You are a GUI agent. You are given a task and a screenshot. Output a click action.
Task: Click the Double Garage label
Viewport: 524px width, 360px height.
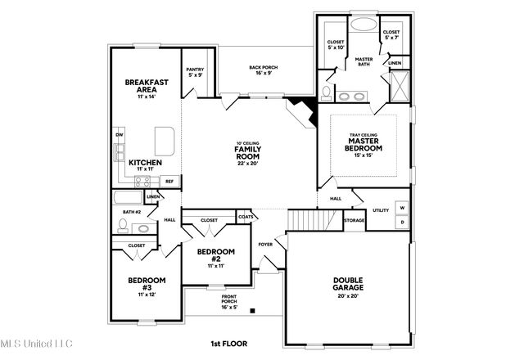click(x=348, y=284)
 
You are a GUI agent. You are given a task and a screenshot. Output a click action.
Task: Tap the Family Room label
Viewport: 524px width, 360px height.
click(x=247, y=152)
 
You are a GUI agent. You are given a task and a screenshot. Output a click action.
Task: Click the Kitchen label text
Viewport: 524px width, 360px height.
click(x=145, y=162)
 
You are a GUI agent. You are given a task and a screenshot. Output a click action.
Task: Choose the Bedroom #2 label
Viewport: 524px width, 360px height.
click(x=215, y=255)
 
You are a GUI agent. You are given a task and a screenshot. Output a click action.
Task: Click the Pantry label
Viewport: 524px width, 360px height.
click(x=195, y=73)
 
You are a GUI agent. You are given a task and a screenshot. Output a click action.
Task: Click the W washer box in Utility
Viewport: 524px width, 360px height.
click(x=402, y=208)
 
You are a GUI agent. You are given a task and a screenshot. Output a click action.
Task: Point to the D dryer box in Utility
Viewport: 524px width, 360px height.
click(x=402, y=222)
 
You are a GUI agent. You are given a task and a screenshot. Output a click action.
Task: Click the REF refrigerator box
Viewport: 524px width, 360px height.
click(x=169, y=182)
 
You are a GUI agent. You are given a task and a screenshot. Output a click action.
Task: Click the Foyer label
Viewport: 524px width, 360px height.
click(x=265, y=244)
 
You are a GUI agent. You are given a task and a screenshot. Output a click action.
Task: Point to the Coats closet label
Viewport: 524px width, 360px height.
click(x=246, y=216)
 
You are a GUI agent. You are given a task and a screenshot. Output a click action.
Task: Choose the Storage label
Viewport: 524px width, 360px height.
click(x=354, y=220)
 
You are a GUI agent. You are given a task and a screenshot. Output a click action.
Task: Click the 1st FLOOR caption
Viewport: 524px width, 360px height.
click(x=228, y=344)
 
